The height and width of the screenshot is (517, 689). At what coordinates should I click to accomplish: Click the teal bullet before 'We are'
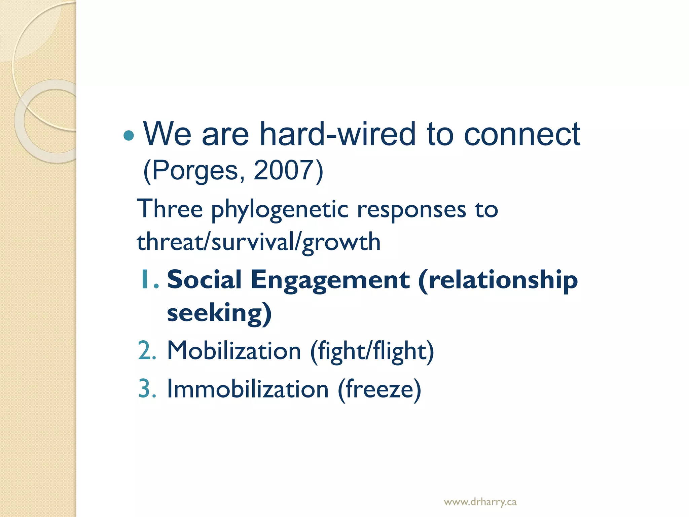tap(129, 136)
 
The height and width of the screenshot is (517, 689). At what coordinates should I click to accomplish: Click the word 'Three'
tap(170, 209)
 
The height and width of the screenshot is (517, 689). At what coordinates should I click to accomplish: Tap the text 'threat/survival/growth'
tap(258, 242)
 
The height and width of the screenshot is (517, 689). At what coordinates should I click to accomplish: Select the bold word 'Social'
tap(204, 279)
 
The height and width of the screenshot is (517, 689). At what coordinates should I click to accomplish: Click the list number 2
tap(147, 351)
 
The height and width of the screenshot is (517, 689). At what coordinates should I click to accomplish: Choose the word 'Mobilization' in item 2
tap(234, 351)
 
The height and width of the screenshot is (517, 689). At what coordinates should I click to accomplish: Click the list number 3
tap(147, 389)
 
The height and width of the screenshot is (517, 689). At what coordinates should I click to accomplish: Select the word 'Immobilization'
tap(248, 389)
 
